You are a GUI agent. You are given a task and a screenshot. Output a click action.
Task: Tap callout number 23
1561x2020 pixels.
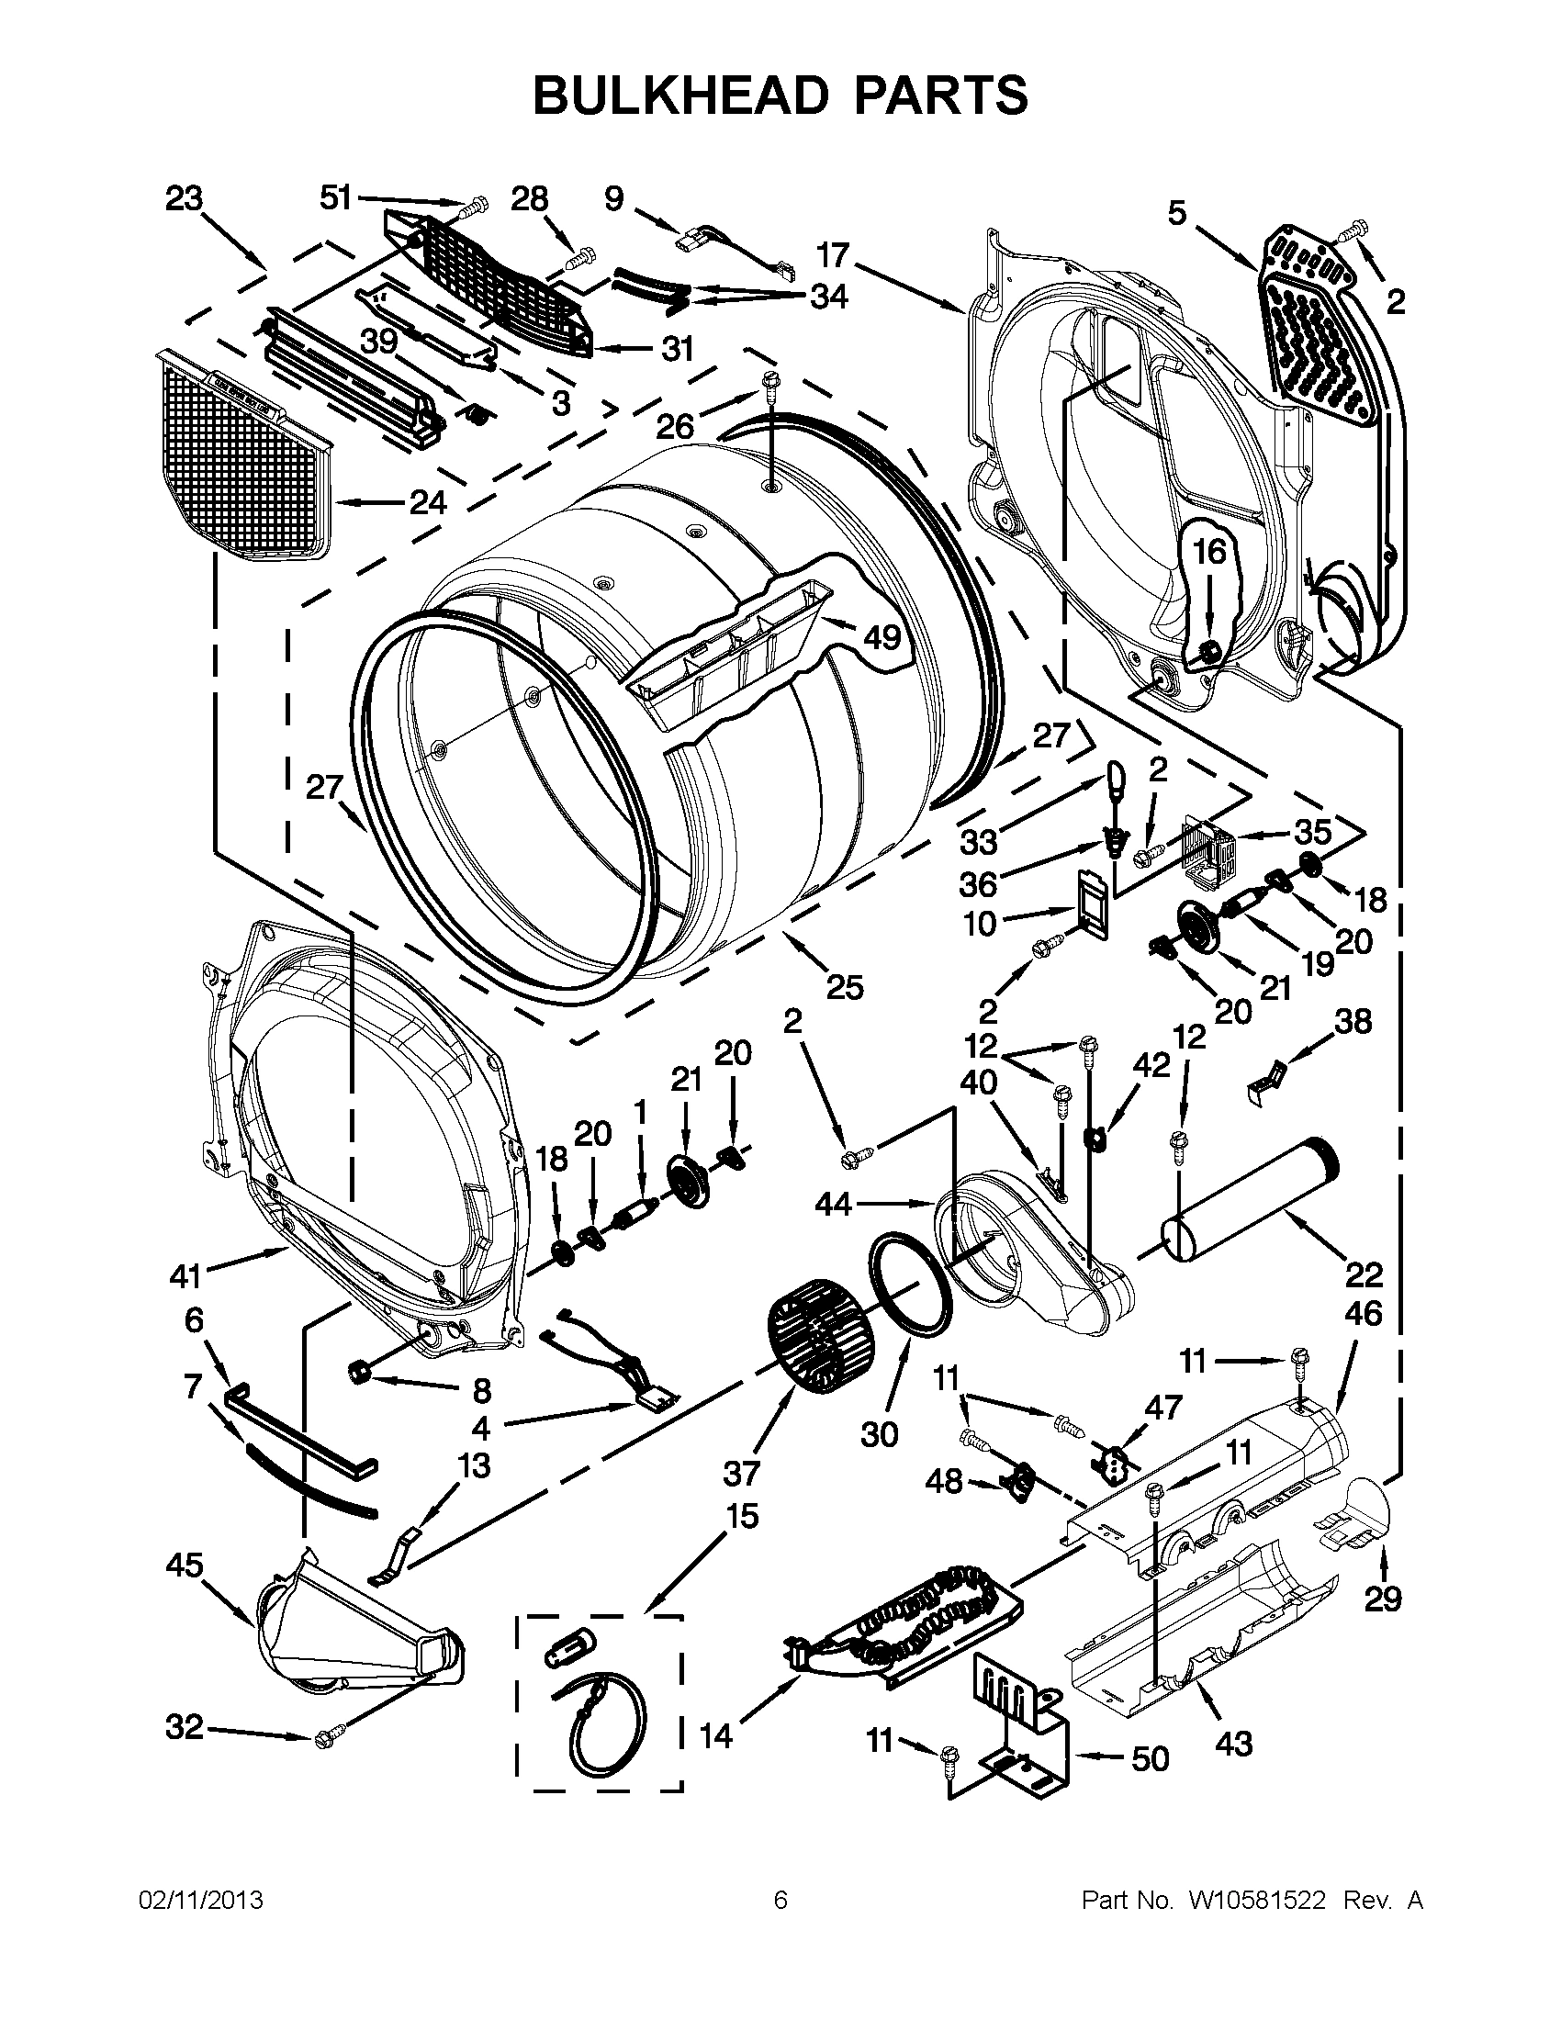point(184,200)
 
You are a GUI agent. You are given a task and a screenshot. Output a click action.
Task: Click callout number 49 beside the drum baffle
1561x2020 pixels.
point(882,637)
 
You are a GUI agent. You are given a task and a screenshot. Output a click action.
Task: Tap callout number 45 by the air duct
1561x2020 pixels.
point(185,1565)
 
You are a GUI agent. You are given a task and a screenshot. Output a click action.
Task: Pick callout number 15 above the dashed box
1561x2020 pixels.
point(742,1516)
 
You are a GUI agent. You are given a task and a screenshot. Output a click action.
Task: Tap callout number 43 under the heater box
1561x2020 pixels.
point(1233,1744)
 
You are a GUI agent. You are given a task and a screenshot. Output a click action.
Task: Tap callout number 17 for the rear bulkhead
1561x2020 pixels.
point(832,256)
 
